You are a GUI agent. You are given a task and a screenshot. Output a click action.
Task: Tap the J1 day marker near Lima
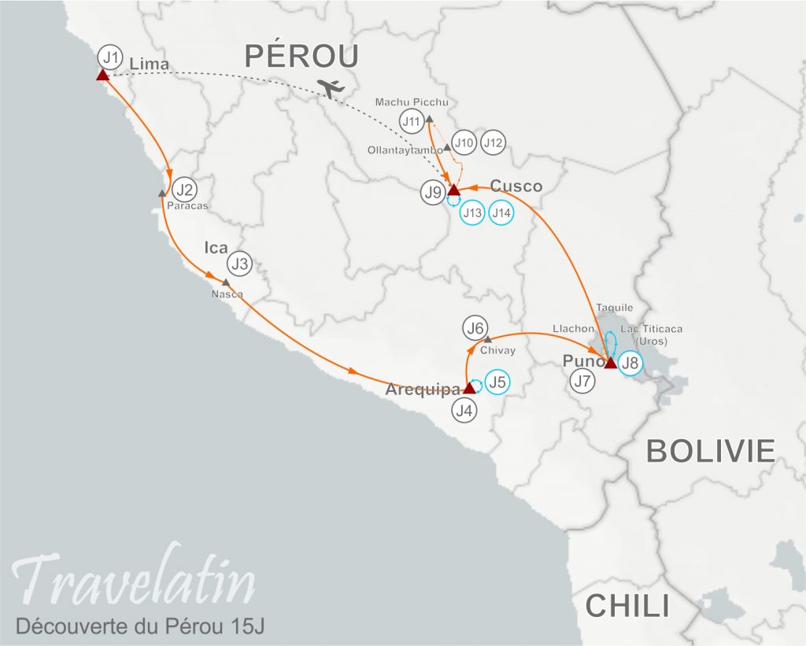(x=111, y=57)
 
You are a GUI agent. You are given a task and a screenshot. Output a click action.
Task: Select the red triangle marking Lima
(x=102, y=75)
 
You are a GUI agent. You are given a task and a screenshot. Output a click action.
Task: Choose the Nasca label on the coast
(x=227, y=294)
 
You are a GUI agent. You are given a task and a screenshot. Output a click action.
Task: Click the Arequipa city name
(x=423, y=389)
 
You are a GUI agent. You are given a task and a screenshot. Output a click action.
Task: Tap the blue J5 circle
(x=497, y=382)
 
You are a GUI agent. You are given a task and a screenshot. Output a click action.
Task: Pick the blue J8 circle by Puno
(x=630, y=363)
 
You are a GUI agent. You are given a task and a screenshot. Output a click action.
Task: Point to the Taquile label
(x=615, y=308)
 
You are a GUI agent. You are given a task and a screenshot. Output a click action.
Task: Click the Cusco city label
(x=516, y=186)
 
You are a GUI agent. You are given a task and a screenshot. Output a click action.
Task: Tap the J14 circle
(x=501, y=212)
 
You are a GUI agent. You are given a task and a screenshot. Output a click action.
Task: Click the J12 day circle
(x=493, y=143)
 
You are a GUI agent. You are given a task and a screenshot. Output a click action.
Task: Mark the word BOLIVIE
(x=710, y=451)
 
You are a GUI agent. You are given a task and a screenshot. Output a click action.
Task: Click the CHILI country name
(x=627, y=606)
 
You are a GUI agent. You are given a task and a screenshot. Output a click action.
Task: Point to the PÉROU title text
(x=302, y=56)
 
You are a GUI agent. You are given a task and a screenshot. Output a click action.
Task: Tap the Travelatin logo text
(x=135, y=583)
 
